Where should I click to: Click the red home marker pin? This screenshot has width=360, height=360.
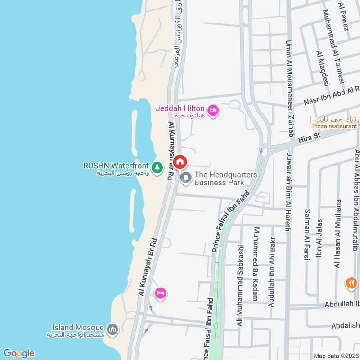(x=180, y=161)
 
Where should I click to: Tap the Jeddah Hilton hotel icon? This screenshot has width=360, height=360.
(x=213, y=109)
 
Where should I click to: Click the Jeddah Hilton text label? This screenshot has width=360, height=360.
(x=180, y=108)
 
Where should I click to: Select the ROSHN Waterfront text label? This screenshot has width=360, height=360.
(x=116, y=166)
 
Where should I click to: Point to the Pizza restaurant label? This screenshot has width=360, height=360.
(x=333, y=126)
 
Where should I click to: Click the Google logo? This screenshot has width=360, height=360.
(x=18, y=353)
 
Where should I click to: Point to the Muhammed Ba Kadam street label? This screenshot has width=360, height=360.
(x=255, y=263)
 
